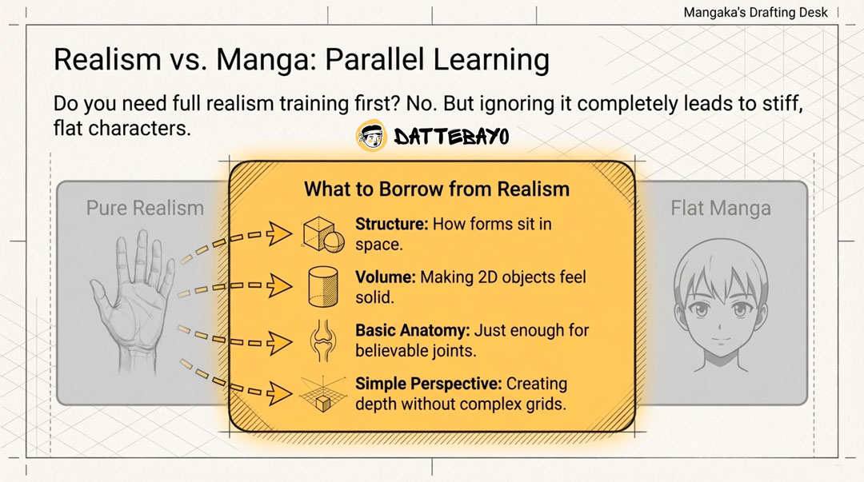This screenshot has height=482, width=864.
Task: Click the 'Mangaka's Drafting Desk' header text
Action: tap(755, 12)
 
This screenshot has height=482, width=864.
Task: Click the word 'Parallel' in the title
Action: tap(374, 59)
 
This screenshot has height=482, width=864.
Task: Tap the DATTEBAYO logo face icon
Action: tap(371, 136)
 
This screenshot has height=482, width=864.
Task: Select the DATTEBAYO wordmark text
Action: tap(451, 137)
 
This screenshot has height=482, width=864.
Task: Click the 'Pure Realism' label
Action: tap(145, 208)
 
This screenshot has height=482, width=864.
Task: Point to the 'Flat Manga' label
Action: tap(721, 208)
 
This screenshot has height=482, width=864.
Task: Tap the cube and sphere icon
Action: tap(323, 234)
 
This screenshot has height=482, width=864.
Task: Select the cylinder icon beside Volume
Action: tap(323, 286)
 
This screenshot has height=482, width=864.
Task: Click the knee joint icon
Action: tap(323, 341)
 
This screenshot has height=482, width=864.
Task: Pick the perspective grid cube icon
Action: tap(323, 394)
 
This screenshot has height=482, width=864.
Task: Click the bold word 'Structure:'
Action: tap(392, 224)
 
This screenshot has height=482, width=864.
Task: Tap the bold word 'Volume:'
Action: tap(386, 277)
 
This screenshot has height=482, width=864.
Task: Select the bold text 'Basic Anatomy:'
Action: tap(413, 330)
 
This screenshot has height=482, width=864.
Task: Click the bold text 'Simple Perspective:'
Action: tap(429, 384)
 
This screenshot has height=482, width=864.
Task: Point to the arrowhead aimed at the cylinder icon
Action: tap(280, 285)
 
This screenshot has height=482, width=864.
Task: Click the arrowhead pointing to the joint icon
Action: tap(280, 343)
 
